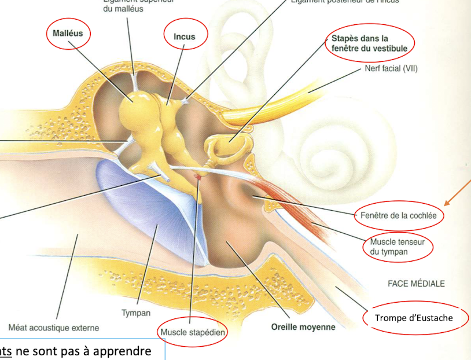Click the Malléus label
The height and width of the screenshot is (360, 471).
tap(68, 33)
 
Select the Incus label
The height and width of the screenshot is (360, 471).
tap(185, 36)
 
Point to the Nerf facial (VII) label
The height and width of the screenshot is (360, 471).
tap(391, 68)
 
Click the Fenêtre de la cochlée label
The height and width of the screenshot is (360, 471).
tap(400, 215)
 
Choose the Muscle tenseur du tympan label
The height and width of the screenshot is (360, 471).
tap(398, 247)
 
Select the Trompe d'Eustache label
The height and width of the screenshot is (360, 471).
tap(414, 318)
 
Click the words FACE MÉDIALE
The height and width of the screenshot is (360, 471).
tap(416, 284)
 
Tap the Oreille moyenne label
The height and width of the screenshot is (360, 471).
tap(303, 327)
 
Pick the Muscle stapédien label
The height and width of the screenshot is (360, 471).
tap(192, 332)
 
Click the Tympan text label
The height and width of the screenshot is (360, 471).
tap(136, 313)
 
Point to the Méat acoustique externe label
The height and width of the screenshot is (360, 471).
tap(54, 328)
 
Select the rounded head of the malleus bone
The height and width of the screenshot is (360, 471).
tap(135, 107)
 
